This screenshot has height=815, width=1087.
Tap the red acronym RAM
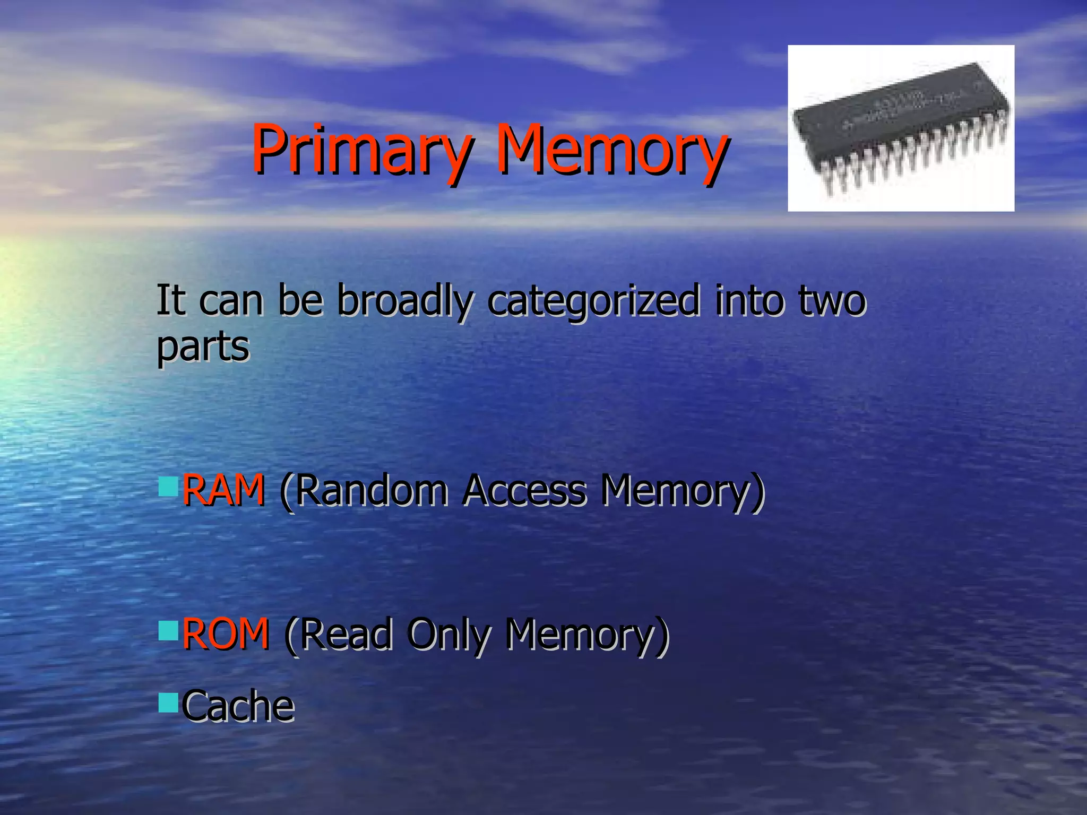tap(223, 489)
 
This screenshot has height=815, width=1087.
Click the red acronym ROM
tap(226, 634)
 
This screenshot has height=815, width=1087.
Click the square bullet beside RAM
tap(168, 486)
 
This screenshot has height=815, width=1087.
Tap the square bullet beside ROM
tap(168, 630)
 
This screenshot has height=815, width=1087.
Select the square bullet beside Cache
tap(168, 703)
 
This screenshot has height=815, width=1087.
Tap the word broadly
tap(404, 301)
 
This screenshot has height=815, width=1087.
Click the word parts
tap(203, 348)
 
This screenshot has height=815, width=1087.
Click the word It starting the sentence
tap(170, 300)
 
